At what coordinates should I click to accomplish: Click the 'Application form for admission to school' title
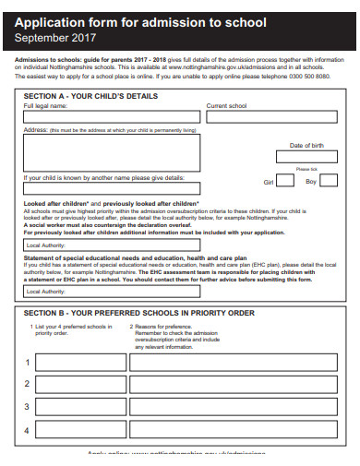(x=140, y=22)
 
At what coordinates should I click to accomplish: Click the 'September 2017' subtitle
(x=55, y=39)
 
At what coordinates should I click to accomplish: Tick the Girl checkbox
(x=287, y=182)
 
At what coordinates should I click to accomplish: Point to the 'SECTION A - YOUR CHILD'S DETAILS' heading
(x=84, y=96)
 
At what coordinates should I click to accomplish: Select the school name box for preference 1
(x=79, y=363)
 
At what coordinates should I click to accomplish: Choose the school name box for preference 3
(x=79, y=407)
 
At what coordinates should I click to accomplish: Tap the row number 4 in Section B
(x=27, y=430)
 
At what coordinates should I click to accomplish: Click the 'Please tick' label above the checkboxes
(x=306, y=170)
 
